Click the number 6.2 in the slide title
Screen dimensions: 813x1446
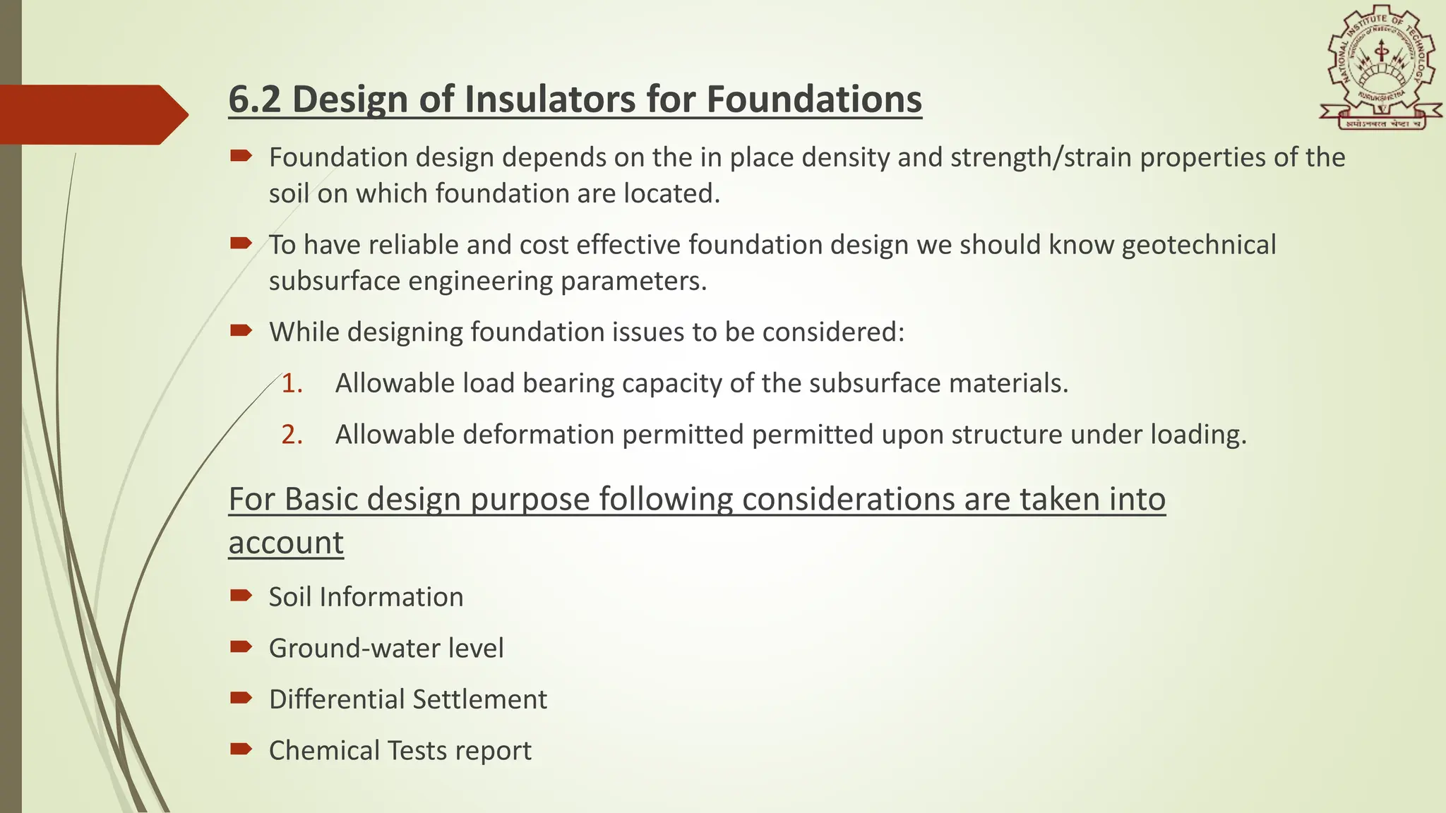[255, 99]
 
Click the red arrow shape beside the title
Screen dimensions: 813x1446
[92, 114]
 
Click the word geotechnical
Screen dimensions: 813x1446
[1198, 245]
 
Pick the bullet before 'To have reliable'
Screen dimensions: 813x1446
[241, 243]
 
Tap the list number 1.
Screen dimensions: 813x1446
[292, 383]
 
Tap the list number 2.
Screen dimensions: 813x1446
[292, 435]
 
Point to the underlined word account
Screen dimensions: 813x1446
[286, 543]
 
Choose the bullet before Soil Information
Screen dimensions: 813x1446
[241, 596]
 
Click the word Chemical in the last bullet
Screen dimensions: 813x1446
[323, 751]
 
